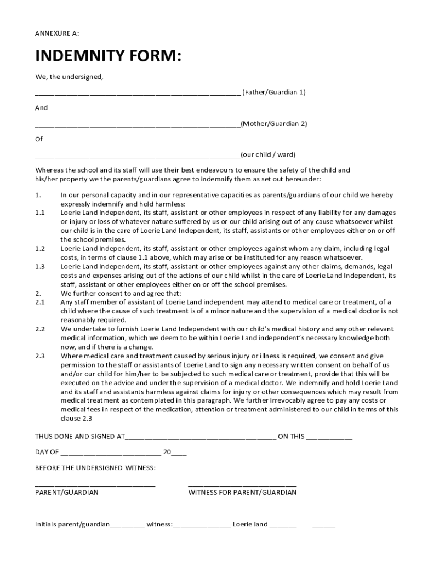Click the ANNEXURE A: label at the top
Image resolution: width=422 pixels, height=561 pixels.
click(57, 33)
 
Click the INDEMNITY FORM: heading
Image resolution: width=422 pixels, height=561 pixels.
click(108, 56)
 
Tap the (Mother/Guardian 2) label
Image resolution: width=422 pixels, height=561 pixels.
click(274, 124)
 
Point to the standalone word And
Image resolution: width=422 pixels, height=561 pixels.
click(41, 108)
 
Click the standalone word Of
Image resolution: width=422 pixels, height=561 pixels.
click(39, 139)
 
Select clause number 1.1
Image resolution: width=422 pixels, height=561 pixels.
click(39, 213)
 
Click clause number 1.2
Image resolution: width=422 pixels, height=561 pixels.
click(39, 248)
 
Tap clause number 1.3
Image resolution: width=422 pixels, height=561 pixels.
click(39, 266)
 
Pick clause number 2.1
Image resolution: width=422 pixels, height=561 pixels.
click(39, 302)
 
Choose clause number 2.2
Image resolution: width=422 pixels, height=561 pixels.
click(39, 329)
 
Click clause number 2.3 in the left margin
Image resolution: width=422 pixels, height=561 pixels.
click(39, 356)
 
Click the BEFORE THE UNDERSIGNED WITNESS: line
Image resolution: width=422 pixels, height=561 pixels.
click(95, 468)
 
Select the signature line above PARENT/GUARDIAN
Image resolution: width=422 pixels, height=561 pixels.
click(95, 485)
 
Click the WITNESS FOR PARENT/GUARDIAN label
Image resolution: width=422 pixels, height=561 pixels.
click(242, 493)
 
